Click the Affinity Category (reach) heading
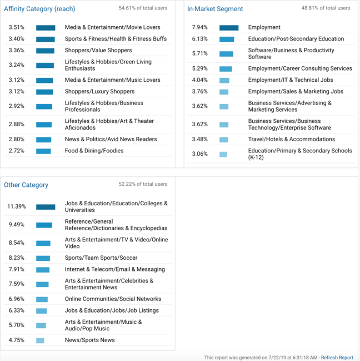click(x=39, y=9)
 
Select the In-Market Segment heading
click(x=215, y=9)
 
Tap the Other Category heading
click(x=26, y=185)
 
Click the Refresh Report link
click(x=337, y=358)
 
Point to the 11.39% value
click(x=17, y=206)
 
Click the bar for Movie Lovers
click(x=46, y=27)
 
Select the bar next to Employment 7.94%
click(x=229, y=27)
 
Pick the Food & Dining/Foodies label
click(x=94, y=151)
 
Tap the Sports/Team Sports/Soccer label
click(x=101, y=258)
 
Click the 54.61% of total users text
click(x=143, y=8)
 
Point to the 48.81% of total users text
click(x=326, y=8)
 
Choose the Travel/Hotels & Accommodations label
click(x=292, y=139)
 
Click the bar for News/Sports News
click(x=40, y=340)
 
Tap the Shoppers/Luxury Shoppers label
click(x=99, y=91)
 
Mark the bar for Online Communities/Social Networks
click(x=42, y=299)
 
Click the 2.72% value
click(x=16, y=151)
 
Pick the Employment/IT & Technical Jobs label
click(x=291, y=80)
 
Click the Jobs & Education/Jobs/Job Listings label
click(x=112, y=310)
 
